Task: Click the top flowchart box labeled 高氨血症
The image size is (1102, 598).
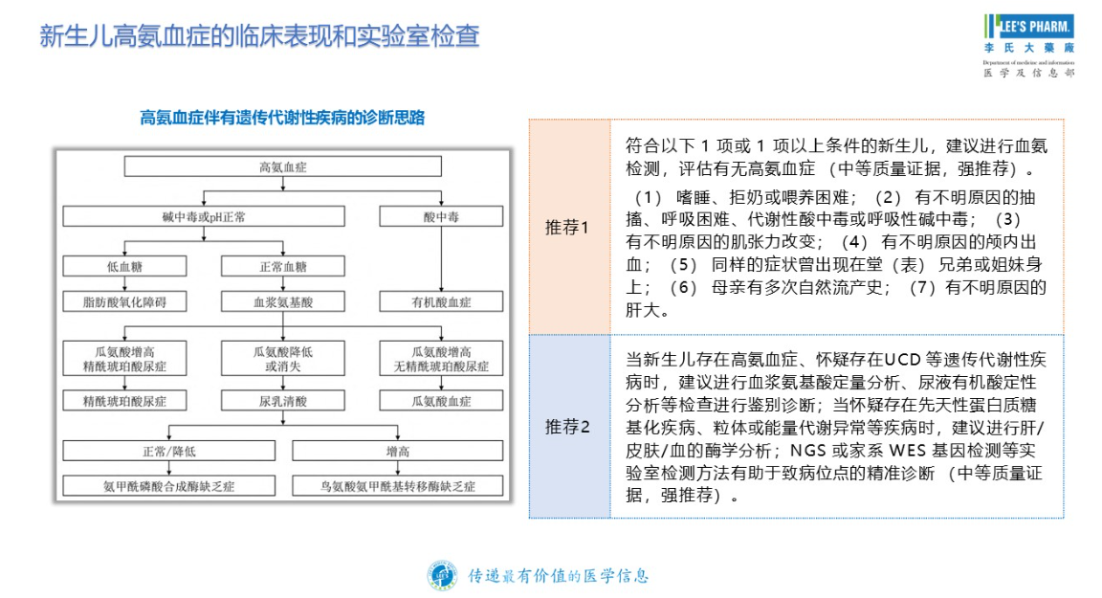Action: click(x=283, y=166)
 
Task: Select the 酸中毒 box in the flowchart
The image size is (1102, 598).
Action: click(x=441, y=217)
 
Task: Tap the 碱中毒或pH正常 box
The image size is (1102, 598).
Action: click(x=204, y=217)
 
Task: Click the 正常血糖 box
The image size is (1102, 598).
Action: click(x=283, y=267)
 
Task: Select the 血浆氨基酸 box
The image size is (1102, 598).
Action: click(x=283, y=302)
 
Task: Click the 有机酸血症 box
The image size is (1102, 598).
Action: click(x=441, y=302)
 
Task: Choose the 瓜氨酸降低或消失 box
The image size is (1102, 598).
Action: click(x=283, y=359)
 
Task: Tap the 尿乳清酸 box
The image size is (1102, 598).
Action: click(x=283, y=402)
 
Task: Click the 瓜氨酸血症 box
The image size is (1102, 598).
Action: click(x=441, y=402)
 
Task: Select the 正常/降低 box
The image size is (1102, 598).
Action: click(x=168, y=450)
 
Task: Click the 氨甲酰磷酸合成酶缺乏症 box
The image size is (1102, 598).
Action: click(x=168, y=486)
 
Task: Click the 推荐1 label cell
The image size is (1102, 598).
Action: click(x=569, y=228)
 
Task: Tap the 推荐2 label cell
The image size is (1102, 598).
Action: click(x=569, y=427)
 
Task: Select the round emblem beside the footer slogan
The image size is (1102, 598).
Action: click(x=442, y=576)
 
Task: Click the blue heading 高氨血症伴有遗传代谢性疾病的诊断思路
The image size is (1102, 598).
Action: click(x=283, y=119)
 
